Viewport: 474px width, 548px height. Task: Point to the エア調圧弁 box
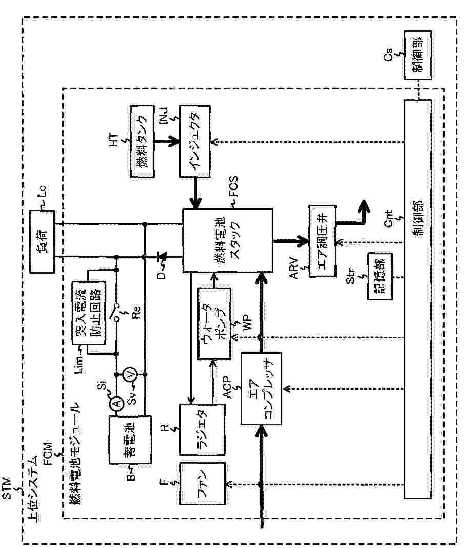(322, 241)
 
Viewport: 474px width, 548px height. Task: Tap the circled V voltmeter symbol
(130, 375)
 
